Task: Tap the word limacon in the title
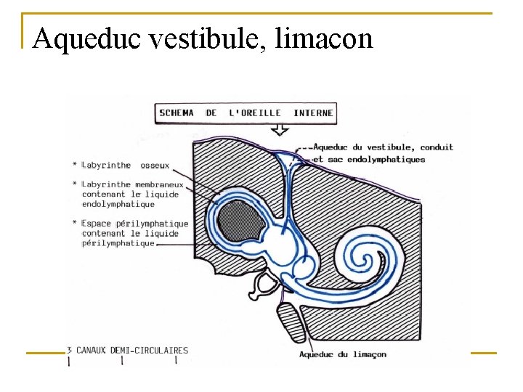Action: pos(324,38)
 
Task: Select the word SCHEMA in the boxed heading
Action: pos(176,113)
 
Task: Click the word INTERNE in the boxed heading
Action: pos(313,113)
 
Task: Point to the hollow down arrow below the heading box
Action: pos(280,130)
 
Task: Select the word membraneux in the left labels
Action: pos(158,184)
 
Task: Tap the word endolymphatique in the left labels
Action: pos(118,204)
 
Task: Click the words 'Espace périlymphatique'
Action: pos(135,224)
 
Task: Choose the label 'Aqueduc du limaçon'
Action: pos(343,354)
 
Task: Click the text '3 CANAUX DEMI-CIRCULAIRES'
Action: pos(127,351)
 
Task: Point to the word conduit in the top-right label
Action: pos(437,147)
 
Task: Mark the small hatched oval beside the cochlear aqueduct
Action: pos(291,322)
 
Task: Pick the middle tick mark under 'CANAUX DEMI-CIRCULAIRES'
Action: pos(122,360)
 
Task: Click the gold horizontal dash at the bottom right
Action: pos(484,353)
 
